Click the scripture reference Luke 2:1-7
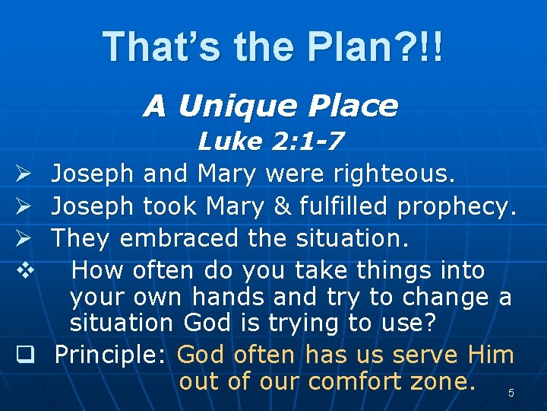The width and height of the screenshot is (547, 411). coord(270,141)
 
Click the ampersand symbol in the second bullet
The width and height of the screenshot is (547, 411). coord(284,206)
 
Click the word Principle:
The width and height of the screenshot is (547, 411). coord(112,355)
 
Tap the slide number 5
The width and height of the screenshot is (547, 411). coord(511,393)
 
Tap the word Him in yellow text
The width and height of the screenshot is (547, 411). coord(491,355)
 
